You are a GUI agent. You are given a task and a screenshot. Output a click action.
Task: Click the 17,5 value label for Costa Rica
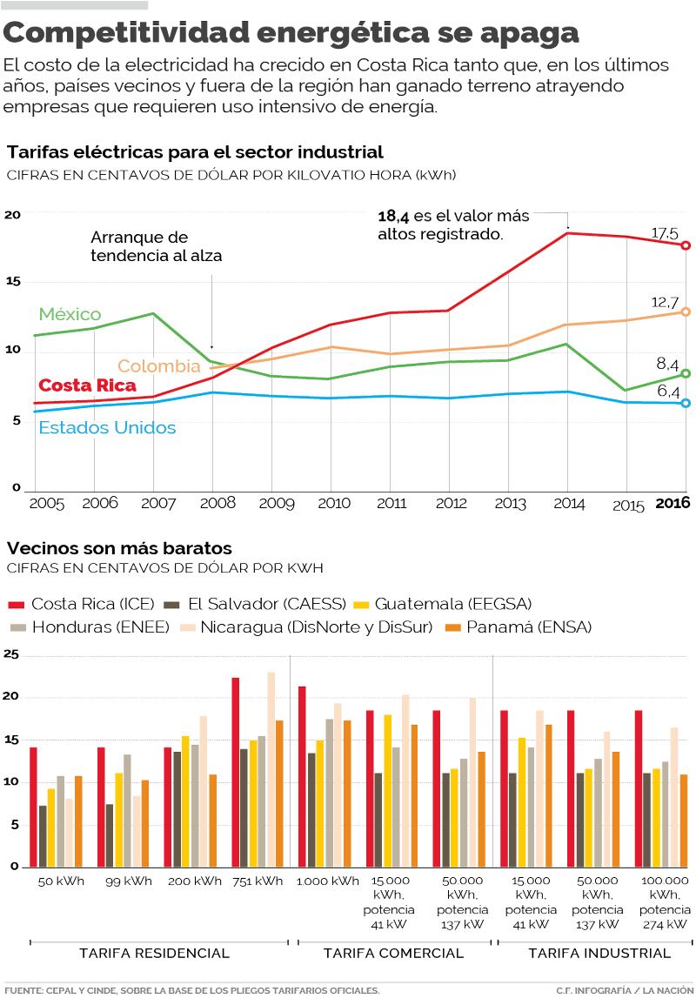click(x=665, y=233)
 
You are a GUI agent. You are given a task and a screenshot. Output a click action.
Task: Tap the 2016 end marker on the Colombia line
click(x=686, y=312)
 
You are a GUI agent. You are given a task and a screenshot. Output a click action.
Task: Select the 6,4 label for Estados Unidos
click(x=667, y=393)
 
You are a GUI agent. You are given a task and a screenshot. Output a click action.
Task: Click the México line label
click(x=70, y=314)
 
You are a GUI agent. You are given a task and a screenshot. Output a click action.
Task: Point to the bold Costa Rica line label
click(x=87, y=385)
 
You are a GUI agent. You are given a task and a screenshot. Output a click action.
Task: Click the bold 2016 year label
click(x=672, y=503)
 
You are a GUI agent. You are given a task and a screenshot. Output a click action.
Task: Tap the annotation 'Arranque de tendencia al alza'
click(x=157, y=246)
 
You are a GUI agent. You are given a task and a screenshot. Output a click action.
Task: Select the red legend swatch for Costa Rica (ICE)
click(x=16, y=604)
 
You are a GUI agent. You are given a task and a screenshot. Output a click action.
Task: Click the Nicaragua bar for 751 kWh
click(x=271, y=769)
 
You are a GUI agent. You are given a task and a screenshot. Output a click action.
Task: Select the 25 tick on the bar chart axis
click(x=10, y=654)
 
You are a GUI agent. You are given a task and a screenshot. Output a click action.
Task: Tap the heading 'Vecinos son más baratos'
click(x=119, y=548)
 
